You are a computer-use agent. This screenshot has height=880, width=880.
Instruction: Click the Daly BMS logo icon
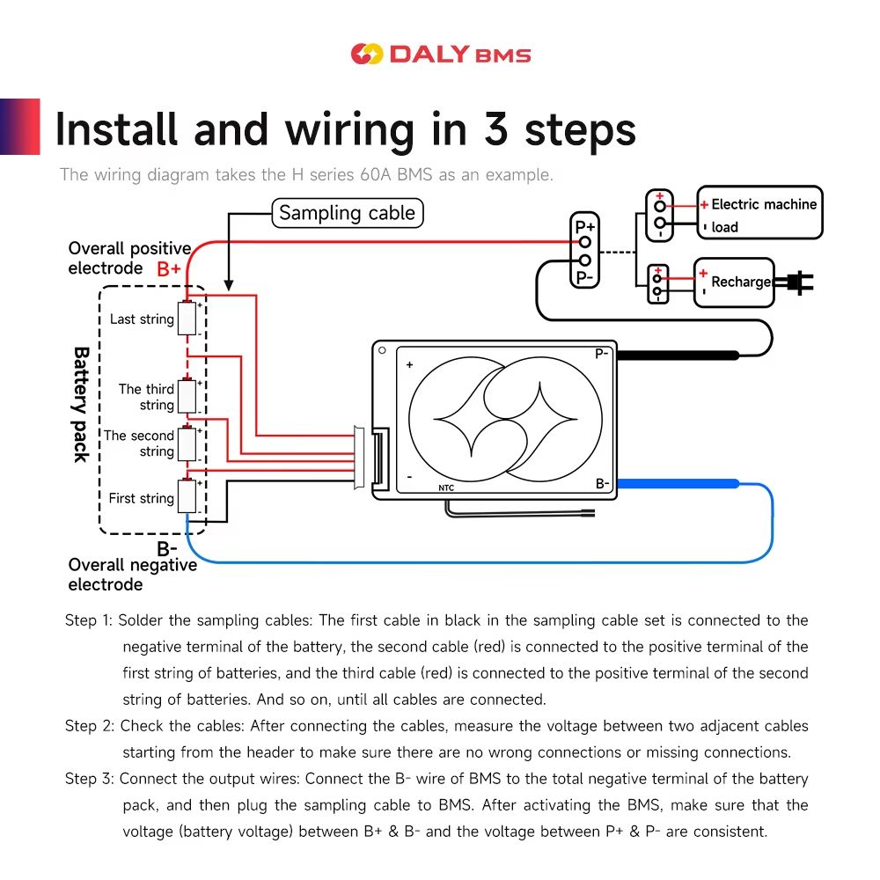[366, 55]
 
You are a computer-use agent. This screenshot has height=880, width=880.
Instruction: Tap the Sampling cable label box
[347, 213]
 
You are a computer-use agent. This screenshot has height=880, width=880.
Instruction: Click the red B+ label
[169, 269]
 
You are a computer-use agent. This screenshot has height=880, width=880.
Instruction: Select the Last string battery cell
[187, 319]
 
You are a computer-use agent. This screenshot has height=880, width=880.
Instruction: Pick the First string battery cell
[187, 497]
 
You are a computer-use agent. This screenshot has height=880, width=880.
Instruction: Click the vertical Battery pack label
[80, 404]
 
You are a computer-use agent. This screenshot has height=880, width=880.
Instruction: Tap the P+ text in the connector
[585, 227]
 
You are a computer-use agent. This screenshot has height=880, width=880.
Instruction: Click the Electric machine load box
[759, 213]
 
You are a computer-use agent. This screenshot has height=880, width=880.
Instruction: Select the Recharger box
[733, 282]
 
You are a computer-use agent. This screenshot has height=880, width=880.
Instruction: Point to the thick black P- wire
[678, 355]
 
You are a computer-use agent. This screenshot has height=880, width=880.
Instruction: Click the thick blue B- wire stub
[678, 483]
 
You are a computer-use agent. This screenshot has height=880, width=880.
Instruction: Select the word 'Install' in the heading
[116, 129]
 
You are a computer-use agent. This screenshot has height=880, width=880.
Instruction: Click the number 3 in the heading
[496, 129]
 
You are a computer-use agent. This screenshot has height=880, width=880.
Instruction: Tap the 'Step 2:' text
[90, 726]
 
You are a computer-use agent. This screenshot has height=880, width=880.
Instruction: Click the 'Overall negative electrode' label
[132, 575]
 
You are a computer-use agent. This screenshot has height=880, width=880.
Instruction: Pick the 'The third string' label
[147, 397]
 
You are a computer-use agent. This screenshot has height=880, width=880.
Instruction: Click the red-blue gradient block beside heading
[20, 127]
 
